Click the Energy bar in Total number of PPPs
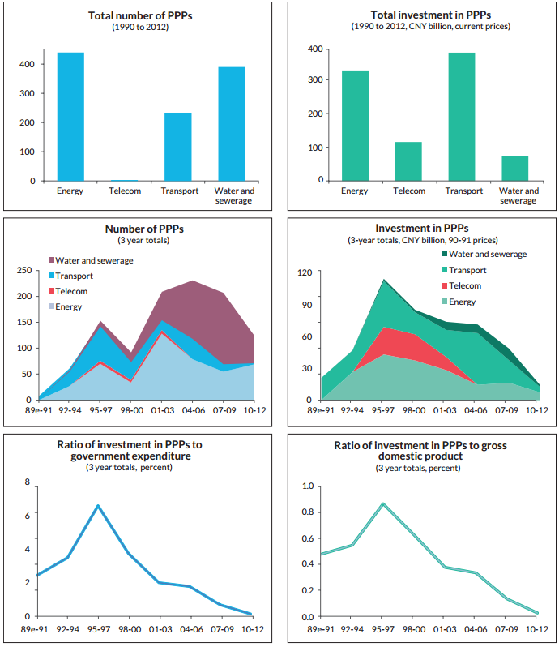point(70,117)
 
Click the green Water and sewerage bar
point(514,168)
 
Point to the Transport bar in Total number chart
point(178,147)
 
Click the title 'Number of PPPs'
point(139,229)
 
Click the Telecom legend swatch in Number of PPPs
point(53,291)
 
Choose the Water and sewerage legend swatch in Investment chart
point(439,255)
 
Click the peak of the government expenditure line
point(99,506)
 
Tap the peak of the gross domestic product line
point(382,503)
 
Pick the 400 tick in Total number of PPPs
point(27,64)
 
